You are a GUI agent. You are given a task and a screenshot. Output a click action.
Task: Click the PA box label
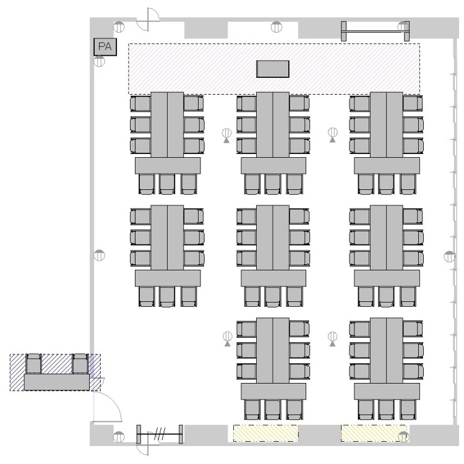(x=105, y=46)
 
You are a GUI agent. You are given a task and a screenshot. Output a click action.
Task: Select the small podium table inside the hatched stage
(x=273, y=69)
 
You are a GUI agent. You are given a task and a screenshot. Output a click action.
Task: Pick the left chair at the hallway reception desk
(x=33, y=364)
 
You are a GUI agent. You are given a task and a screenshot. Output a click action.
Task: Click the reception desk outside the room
(x=56, y=382)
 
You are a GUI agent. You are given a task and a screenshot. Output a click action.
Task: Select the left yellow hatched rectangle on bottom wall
(x=266, y=433)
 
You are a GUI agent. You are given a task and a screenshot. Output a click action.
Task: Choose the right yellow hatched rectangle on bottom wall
(x=374, y=433)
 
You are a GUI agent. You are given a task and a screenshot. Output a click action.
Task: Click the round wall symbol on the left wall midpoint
(x=99, y=255)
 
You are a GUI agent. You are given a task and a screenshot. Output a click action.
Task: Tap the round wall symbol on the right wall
(x=449, y=256)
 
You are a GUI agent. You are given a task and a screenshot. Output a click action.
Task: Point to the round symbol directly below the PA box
(x=99, y=61)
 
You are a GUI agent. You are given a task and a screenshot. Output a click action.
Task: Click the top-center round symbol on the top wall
(x=277, y=27)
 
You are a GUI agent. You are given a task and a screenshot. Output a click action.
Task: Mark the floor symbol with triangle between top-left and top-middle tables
(x=226, y=135)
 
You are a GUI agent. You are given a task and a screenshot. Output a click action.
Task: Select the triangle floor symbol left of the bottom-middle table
(x=227, y=339)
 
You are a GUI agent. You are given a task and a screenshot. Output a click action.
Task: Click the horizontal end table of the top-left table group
(x=168, y=165)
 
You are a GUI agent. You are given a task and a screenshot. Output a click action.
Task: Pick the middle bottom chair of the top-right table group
(x=386, y=184)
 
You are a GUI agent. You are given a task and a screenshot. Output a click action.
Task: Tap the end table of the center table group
(x=273, y=278)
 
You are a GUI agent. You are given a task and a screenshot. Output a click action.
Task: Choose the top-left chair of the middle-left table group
(x=141, y=217)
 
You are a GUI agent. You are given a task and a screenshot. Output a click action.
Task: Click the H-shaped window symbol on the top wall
(x=376, y=31)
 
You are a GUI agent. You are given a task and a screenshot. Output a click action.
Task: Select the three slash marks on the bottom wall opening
(x=160, y=434)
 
